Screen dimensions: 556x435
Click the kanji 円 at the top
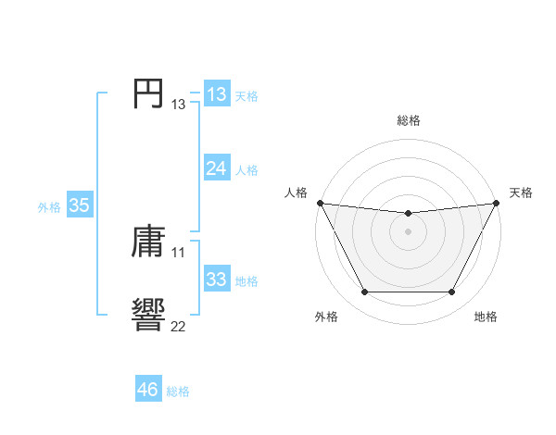[148, 93]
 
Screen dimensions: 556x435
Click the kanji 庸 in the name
[148, 242]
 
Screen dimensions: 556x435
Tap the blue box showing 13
[216, 94]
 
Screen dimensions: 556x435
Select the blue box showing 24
[216, 168]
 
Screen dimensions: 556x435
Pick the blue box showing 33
[216, 280]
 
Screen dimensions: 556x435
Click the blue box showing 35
[79, 205]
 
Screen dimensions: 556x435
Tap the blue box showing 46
[147, 390]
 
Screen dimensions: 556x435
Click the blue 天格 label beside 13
[246, 96]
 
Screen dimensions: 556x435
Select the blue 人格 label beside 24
[246, 170]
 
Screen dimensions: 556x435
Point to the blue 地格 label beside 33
[246, 281]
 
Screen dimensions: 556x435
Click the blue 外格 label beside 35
[49, 208]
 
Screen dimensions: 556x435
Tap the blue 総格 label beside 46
[178, 392]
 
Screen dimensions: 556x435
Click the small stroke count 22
[178, 326]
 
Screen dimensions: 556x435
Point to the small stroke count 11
[178, 252]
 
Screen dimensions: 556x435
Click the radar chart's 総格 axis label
[408, 120]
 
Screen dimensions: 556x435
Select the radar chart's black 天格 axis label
[521, 193]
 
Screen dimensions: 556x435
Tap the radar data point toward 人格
[320, 203]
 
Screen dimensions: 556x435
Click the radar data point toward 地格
[451, 292]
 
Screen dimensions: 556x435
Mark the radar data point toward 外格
[364, 292]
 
